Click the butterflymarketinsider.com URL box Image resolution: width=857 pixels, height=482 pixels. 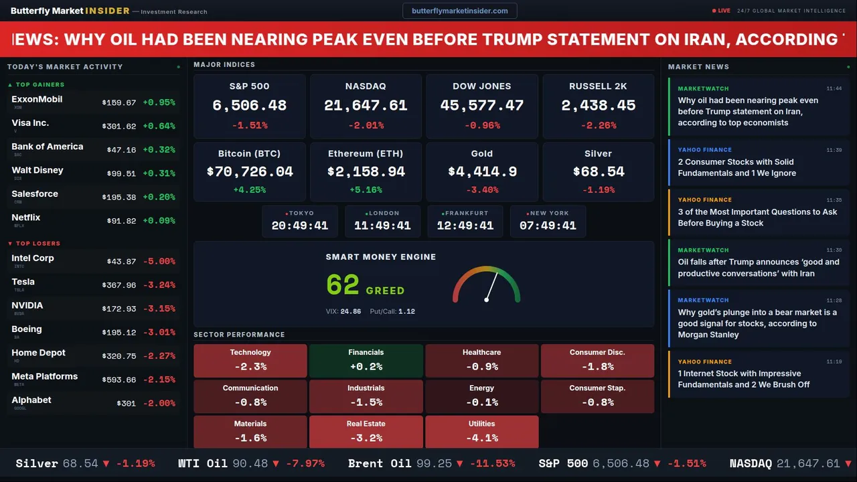460,11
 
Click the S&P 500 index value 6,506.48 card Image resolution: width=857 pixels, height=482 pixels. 249,106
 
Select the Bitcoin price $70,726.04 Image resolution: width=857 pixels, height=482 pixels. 250,172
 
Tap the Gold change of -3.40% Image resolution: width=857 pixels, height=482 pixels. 482,190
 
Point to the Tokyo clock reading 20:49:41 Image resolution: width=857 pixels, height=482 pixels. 299,226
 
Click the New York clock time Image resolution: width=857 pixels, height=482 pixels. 548,226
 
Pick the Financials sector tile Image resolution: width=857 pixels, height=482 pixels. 366,360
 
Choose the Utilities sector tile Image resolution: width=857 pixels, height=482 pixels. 482,432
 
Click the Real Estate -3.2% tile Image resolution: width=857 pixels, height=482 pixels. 366,432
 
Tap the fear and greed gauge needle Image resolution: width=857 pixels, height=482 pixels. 491,287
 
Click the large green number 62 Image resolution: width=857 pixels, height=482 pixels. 343,285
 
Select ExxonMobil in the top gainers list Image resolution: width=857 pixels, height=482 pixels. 37,99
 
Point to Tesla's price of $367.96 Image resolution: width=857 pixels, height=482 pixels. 121,285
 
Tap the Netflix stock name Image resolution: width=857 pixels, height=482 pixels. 26,218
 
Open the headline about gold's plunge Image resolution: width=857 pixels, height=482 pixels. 757,323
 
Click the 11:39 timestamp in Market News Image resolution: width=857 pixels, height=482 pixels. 834,150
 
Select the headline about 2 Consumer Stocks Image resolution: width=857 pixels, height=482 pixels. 736,167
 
